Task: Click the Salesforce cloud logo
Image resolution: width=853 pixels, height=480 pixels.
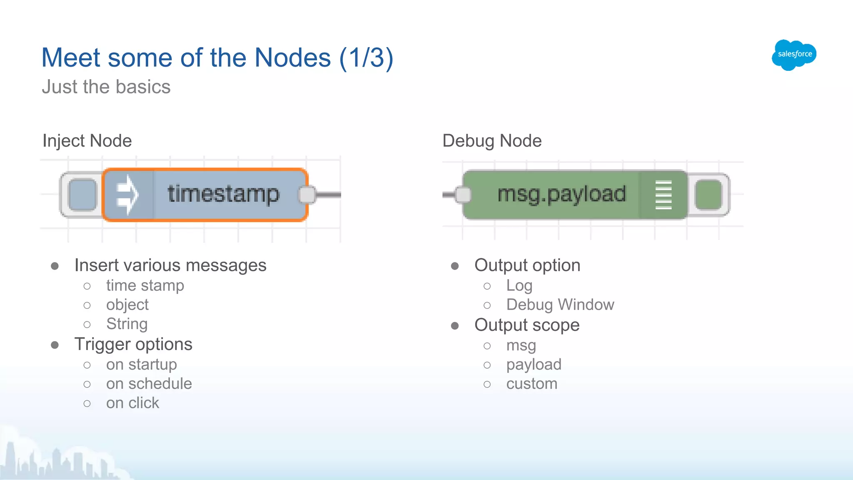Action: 794,55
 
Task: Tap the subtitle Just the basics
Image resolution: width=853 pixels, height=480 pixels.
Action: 106,87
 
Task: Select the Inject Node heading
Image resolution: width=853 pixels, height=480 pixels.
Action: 87,141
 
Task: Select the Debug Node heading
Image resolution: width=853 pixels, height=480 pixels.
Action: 492,141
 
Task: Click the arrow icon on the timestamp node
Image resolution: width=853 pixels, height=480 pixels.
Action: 127,195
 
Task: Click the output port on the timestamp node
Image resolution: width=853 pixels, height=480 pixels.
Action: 307,195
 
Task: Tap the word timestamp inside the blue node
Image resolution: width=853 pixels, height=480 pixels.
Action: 223,194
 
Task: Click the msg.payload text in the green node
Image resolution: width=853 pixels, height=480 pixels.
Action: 561,194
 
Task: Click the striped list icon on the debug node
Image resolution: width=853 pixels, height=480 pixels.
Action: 663,195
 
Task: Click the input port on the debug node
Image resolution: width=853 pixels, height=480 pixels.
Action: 463,195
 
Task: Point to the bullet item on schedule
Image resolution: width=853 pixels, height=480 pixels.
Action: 149,384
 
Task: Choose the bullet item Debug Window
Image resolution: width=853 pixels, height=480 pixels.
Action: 560,305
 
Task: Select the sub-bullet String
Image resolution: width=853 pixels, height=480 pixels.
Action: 127,324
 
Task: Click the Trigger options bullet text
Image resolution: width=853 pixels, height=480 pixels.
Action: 133,345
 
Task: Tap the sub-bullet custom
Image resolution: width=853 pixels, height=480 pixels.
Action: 531,384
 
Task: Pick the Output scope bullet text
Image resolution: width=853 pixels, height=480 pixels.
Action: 527,325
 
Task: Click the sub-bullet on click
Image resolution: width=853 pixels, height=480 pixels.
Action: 132,403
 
